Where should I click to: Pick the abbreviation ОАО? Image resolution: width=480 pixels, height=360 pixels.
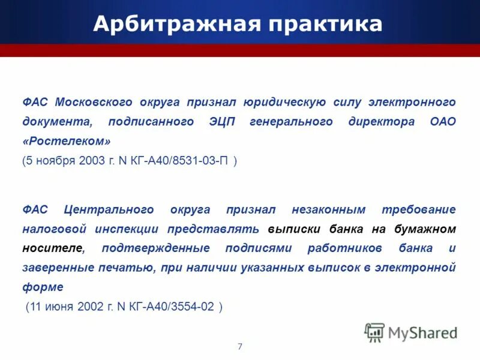(443, 122)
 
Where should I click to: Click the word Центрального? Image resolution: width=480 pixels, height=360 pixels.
(106, 209)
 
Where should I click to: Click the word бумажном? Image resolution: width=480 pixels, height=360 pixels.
(425, 229)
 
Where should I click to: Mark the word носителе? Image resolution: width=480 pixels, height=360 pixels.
(53, 248)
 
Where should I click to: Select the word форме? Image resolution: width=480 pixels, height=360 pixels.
(43, 287)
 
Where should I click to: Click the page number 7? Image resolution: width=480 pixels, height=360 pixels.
(240, 346)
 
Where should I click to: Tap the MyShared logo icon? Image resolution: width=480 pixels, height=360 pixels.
(374, 332)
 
